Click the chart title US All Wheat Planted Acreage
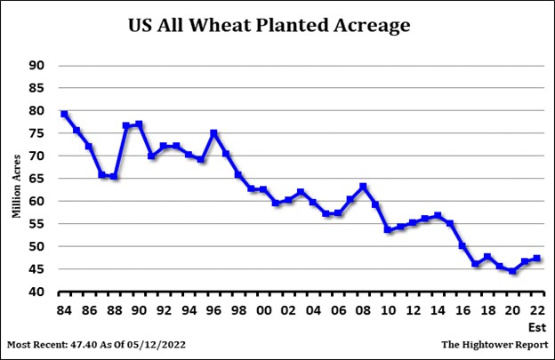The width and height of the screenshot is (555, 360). (269, 26)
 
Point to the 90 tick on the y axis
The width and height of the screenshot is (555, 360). (36, 65)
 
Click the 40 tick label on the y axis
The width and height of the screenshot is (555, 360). (36, 292)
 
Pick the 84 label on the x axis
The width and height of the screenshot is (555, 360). (64, 310)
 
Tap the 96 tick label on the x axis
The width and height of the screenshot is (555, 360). (213, 310)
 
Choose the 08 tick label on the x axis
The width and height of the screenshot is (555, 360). (363, 310)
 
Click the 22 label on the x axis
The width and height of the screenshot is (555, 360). (537, 310)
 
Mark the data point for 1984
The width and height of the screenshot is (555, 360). (64, 114)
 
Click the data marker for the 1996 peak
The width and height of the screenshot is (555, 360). (213, 132)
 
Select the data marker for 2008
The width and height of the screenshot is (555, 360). (363, 186)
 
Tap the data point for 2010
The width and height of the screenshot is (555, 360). (388, 229)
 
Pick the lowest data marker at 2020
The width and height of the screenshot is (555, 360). (512, 270)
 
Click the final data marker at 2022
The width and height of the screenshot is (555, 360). (537, 258)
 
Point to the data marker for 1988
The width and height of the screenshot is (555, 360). (114, 176)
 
